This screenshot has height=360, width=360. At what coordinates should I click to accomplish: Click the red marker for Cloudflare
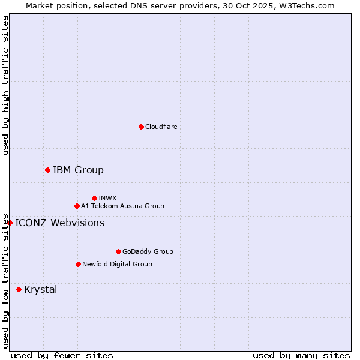[x=141, y=127]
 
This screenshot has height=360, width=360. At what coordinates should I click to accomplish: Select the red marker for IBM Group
[x=47, y=170]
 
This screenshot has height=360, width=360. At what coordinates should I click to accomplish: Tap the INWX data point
[x=94, y=198]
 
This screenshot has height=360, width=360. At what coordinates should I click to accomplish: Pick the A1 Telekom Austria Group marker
[x=77, y=206]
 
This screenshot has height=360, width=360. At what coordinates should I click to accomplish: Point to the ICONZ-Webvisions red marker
[x=10, y=223]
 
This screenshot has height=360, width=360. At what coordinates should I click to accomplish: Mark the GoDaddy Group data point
[x=118, y=251]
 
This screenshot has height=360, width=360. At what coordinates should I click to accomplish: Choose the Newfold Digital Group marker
[x=78, y=264]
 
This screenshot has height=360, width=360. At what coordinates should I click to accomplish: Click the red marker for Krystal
[x=19, y=289]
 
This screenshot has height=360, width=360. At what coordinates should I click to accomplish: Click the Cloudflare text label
[x=161, y=127]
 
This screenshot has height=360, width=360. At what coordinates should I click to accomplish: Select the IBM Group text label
[x=78, y=170]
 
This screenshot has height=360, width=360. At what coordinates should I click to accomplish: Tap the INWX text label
[x=107, y=198]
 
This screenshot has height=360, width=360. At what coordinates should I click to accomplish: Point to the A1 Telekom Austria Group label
[x=122, y=206]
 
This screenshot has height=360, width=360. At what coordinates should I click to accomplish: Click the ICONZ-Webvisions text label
[x=59, y=223]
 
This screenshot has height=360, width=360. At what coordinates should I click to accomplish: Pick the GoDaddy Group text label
[x=148, y=251]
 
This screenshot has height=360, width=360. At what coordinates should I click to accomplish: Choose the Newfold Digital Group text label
[x=117, y=264]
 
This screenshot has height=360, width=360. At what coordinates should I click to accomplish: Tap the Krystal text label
[x=41, y=289]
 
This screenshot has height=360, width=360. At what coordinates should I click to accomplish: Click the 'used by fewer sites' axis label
[x=62, y=355]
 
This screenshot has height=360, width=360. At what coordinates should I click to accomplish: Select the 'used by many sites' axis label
[x=301, y=355]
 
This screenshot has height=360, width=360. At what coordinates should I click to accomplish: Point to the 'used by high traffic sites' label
[x=5, y=85]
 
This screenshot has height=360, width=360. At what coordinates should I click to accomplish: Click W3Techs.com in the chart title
[x=305, y=5]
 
